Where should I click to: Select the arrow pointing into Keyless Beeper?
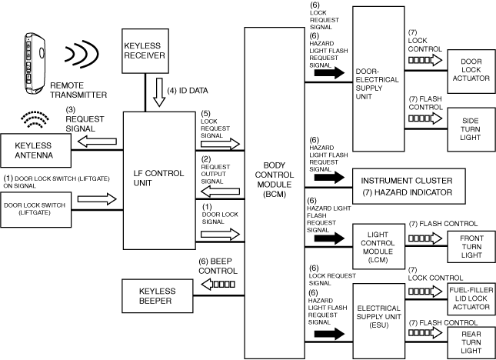(218, 285)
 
